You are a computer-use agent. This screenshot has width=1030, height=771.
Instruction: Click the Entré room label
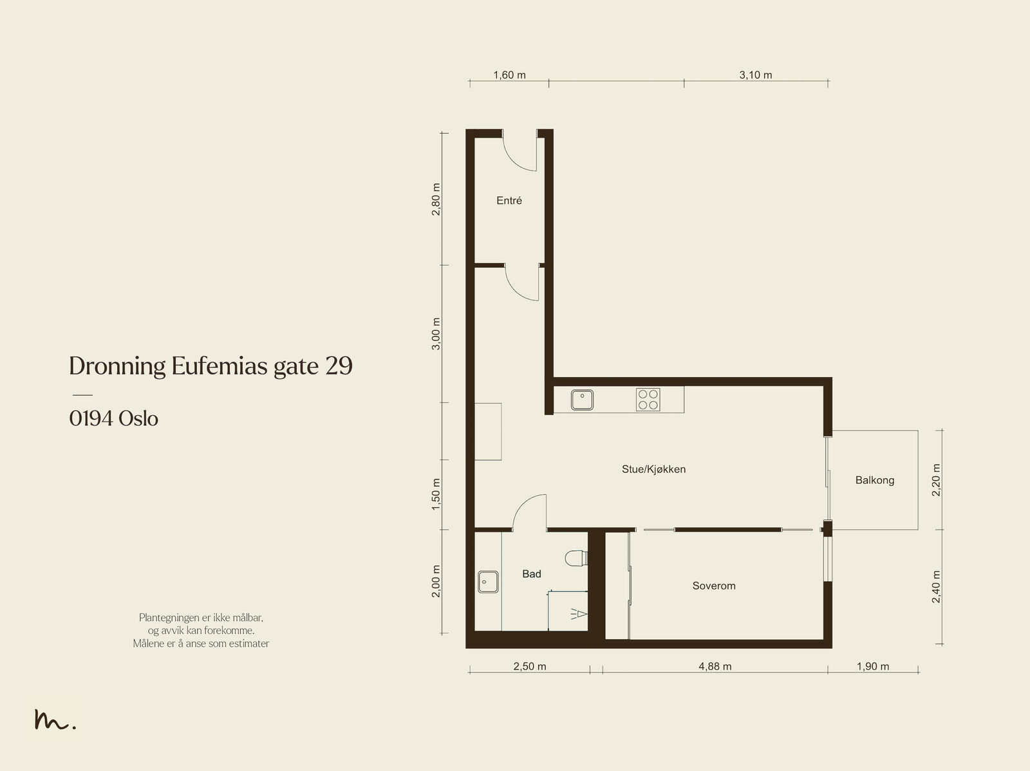click(x=509, y=201)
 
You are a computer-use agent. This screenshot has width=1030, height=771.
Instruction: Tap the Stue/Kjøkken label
click(x=653, y=469)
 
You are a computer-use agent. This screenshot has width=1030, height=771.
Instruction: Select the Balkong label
click(x=875, y=480)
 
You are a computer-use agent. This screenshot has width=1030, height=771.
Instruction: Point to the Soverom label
click(x=714, y=586)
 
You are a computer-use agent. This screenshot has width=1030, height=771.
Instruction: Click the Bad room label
click(x=532, y=574)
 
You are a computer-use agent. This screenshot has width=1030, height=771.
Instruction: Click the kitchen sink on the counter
click(x=583, y=400)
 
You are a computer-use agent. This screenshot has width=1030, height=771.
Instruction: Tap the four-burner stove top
click(x=648, y=400)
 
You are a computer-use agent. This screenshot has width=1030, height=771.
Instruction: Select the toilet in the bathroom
click(x=576, y=558)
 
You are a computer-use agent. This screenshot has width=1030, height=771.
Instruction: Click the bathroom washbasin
click(x=488, y=582)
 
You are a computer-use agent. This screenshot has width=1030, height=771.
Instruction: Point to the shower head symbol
click(x=579, y=614)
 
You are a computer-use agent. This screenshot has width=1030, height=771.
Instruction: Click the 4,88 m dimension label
click(x=715, y=666)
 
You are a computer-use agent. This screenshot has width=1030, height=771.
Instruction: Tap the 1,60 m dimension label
click(x=510, y=75)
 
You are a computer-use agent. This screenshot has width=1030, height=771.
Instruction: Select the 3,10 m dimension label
click(x=756, y=75)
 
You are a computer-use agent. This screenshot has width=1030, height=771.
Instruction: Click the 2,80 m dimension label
click(x=436, y=200)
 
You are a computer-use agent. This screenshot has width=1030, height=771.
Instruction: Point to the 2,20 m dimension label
click(x=936, y=479)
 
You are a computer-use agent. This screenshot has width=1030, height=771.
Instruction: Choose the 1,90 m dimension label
click(x=873, y=666)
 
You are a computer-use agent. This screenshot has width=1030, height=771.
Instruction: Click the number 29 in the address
click(x=339, y=366)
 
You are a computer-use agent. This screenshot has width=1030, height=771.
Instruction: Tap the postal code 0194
click(x=91, y=419)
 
